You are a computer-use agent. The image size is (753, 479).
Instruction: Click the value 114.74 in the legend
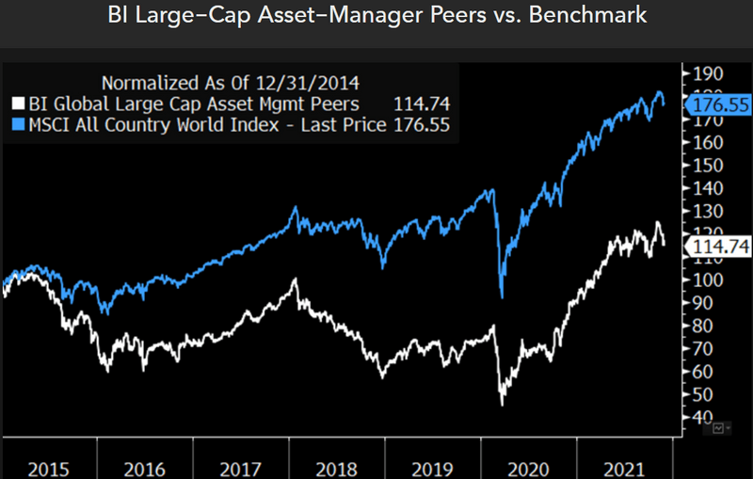click(x=425, y=102)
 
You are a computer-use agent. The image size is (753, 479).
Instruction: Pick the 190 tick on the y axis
click(x=706, y=74)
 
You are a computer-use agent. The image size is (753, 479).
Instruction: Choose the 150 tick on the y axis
click(x=706, y=166)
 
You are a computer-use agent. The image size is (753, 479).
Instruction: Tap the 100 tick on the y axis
click(x=706, y=280)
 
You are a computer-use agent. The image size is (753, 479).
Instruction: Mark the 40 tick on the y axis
click(x=706, y=417)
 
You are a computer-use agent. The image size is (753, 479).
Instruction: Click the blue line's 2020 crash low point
click(x=502, y=297)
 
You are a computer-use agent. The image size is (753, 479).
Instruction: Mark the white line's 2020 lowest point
click(x=502, y=405)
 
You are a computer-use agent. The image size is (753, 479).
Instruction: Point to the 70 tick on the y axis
click(x=706, y=349)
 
